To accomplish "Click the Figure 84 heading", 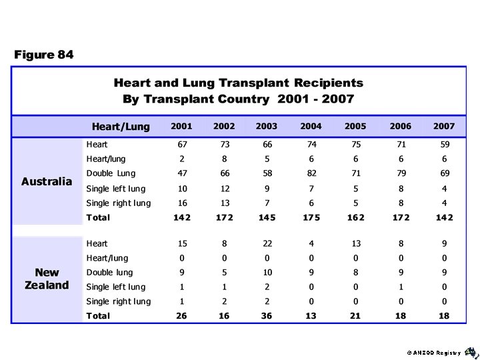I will (44, 55).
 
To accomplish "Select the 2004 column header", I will (311, 126).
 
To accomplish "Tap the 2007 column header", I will (444, 126).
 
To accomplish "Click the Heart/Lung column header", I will (121, 126).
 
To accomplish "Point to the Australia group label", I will (47, 181).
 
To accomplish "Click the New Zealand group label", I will (47, 279).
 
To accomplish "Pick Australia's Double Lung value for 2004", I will (311, 173).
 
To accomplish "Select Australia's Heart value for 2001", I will (181, 144).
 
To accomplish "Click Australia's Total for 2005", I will (355, 217).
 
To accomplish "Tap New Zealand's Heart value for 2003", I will (267, 243).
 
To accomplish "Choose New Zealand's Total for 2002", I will (224, 316).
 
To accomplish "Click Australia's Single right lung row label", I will (119, 203).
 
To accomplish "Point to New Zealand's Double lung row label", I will (109, 272).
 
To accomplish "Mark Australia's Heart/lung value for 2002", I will (224, 159).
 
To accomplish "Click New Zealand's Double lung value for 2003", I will (267, 272).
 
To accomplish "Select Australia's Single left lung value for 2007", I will (444, 188).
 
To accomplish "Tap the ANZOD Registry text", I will (433, 352).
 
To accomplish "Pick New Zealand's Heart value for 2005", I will (355, 243).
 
